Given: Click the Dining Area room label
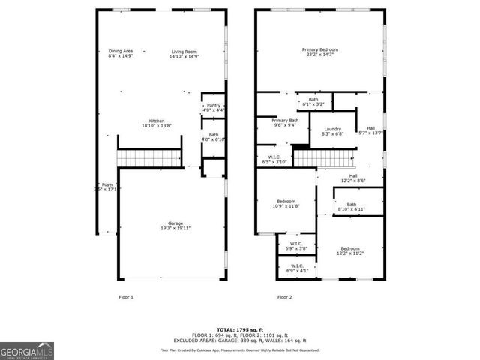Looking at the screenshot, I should click(120, 53).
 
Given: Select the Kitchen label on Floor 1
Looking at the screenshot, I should click(156, 124).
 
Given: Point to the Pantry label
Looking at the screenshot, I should click(214, 108).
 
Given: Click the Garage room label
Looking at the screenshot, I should click(175, 226).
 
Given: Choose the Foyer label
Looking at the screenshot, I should click(108, 187).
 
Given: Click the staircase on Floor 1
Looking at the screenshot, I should click(150, 158).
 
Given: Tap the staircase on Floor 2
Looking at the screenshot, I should click(322, 158).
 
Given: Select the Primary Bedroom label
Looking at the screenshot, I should click(319, 52).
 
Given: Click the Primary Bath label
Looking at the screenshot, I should click(285, 123).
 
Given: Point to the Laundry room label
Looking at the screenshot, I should click(332, 132).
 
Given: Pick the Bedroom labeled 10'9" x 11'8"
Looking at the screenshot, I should click(285, 203).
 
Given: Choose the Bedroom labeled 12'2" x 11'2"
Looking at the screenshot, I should click(350, 250).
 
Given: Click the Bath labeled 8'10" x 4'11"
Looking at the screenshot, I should click(351, 207).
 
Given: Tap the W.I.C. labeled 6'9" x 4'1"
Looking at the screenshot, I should click(297, 268).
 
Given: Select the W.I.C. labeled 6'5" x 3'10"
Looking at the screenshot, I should click(274, 160).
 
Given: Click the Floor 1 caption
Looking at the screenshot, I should click(127, 297).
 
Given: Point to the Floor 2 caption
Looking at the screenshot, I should click(285, 297).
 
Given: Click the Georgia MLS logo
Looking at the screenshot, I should click(26, 350).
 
